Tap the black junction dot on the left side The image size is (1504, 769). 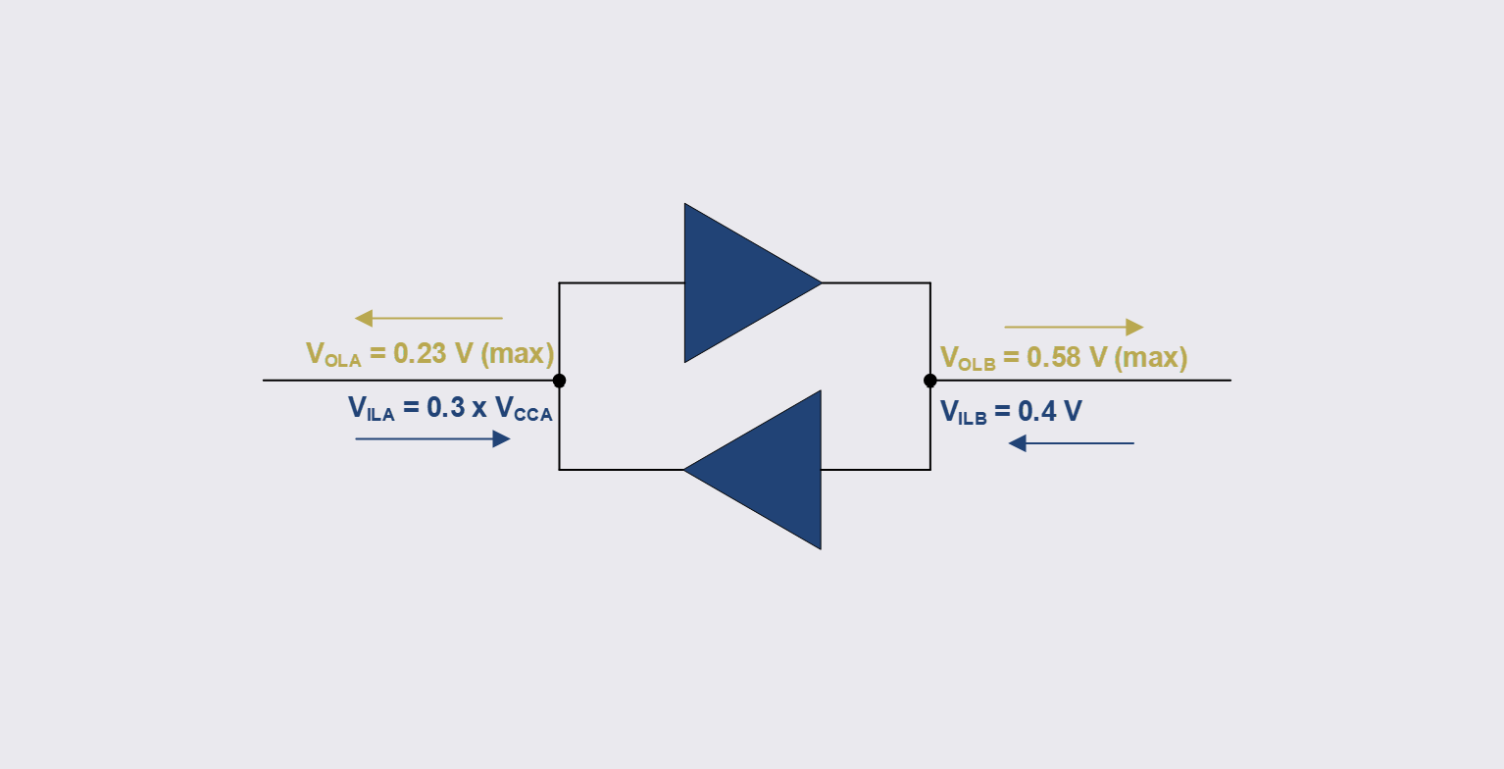pos(559,381)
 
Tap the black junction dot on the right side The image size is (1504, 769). pos(930,381)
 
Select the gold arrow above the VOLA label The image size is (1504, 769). pos(428,318)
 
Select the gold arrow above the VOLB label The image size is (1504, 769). pos(1074,327)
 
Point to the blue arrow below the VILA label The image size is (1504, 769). pos(432,439)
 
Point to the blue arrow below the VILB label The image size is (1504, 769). pos(1071,443)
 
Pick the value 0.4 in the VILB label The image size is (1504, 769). pos(1038,411)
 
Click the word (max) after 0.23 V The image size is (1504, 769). pos(519,353)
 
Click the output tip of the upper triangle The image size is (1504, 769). pos(820,282)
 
